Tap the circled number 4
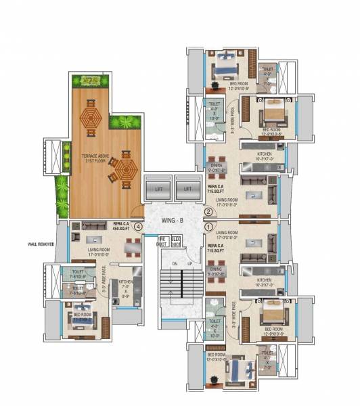point(139,227)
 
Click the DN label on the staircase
point(174,263)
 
